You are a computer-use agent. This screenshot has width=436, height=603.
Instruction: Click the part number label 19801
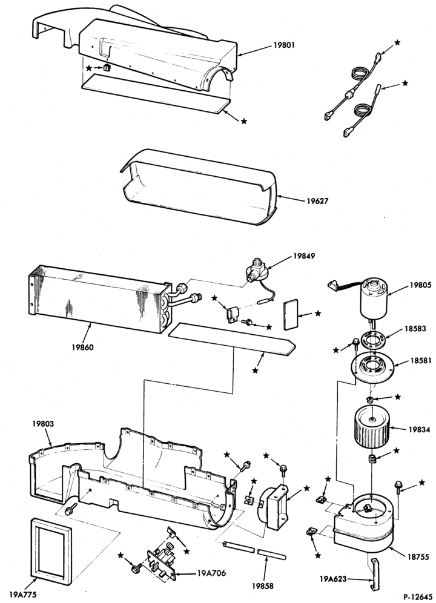[284, 45]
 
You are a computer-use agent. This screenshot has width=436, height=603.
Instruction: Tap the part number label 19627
[317, 201]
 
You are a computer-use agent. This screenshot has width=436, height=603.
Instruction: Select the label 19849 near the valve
[304, 255]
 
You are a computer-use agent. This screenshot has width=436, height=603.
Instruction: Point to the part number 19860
[82, 348]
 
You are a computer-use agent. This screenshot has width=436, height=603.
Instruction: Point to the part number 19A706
[211, 573]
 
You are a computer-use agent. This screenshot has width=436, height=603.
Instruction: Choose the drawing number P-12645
[418, 597]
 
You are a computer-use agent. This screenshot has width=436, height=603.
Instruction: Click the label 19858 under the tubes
[263, 586]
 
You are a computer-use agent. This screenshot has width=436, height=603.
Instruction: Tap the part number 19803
[43, 424]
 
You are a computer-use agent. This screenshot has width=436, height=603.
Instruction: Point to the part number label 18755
[418, 556]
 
